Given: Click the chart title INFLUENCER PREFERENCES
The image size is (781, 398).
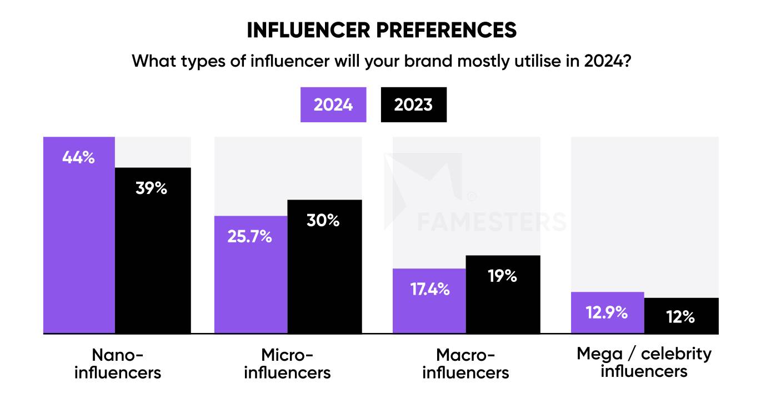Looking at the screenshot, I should [382, 30].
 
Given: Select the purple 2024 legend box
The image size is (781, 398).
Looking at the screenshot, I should [333, 105].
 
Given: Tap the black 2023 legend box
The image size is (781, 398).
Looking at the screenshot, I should [413, 105].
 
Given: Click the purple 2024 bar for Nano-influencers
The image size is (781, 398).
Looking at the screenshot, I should [79, 245].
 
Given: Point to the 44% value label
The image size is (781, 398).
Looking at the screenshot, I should [78, 157].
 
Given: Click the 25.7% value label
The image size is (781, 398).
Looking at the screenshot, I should [249, 236].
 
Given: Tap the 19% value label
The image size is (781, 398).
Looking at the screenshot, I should [502, 275].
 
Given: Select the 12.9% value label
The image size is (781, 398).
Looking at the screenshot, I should [606, 312].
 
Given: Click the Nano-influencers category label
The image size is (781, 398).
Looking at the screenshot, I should [117, 363].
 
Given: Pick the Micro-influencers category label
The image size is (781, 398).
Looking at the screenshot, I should [287, 363].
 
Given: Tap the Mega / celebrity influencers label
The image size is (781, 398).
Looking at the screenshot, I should [644, 362].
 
